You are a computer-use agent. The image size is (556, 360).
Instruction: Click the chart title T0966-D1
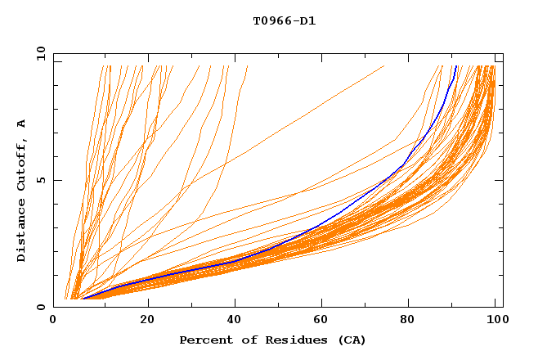(x=284, y=21)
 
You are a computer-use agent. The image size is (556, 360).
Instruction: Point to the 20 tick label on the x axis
(x=147, y=320)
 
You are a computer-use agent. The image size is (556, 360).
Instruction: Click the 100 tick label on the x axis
(x=495, y=320)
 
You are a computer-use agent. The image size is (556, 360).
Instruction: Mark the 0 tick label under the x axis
(x=54, y=320)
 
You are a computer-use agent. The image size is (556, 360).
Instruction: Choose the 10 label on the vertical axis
(x=39, y=53)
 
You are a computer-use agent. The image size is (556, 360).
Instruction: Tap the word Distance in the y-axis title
(x=22, y=230)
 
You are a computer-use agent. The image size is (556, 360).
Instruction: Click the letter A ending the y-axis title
(x=22, y=124)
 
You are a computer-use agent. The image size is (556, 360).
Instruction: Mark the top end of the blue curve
(x=455, y=66)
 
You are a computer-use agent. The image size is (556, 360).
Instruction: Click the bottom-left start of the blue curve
(x=83, y=299)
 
